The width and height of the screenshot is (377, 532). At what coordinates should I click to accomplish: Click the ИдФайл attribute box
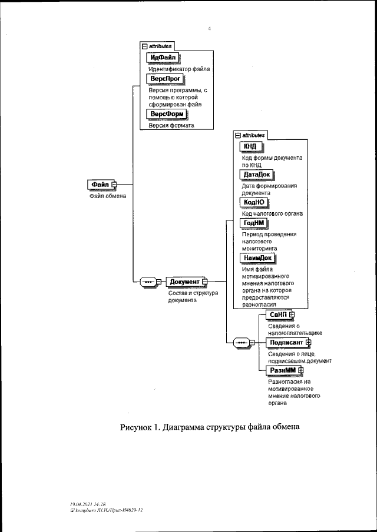(x=163, y=57)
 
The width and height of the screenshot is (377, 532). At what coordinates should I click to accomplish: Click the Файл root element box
(x=99, y=185)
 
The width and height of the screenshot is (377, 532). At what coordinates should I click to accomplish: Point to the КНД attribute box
(x=250, y=147)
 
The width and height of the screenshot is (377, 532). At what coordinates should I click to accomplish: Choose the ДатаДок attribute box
(x=258, y=175)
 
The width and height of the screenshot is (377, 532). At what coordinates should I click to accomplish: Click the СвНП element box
(x=277, y=316)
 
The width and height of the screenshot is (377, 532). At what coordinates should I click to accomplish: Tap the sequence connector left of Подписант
(x=243, y=343)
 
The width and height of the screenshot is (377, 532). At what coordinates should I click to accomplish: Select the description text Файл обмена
(x=104, y=196)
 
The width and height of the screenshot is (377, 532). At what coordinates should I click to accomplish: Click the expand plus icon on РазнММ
(x=300, y=370)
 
